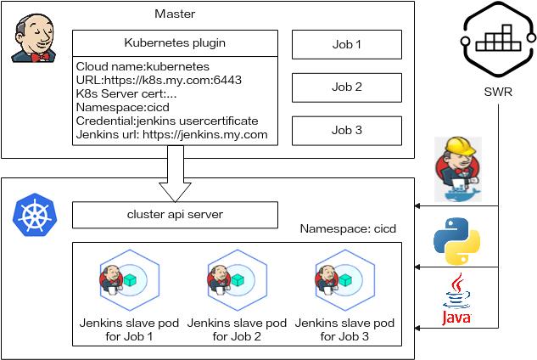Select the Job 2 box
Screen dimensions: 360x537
coord(346,87)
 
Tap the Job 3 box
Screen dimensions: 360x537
coord(346,130)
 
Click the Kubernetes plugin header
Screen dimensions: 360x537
coord(174,42)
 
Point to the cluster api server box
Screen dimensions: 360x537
coord(174,215)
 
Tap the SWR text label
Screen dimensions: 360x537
coord(497,91)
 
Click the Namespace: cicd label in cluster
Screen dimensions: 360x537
coord(349,229)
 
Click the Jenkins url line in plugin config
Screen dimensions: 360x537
coord(171,134)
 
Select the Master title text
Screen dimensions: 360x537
coord(174,14)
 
